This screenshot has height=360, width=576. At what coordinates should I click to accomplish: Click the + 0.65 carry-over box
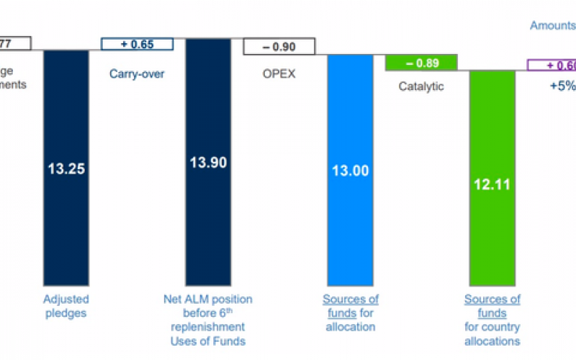[x=137, y=44]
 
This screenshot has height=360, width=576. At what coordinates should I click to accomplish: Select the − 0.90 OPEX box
[x=279, y=47]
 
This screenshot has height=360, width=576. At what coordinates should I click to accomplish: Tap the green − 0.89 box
[x=421, y=63]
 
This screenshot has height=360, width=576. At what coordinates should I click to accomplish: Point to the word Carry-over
[x=137, y=73]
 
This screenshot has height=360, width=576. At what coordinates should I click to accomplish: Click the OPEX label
[x=279, y=73]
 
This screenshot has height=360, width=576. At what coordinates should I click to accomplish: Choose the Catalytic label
[x=421, y=87]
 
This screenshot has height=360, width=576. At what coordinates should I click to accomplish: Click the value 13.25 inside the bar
[x=66, y=169]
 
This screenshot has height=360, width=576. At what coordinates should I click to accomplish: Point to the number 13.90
[x=208, y=163]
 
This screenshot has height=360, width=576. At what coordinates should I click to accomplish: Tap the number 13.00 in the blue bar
[x=350, y=171]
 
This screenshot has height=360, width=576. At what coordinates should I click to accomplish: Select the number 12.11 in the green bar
[x=492, y=184]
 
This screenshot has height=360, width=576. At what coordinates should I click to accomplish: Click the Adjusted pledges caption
[x=66, y=307]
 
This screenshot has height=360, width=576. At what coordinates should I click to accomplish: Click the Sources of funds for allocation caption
[x=350, y=312]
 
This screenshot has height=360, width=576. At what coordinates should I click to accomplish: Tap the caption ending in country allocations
[x=492, y=320]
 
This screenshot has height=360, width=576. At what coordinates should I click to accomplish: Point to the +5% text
[x=561, y=84]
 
